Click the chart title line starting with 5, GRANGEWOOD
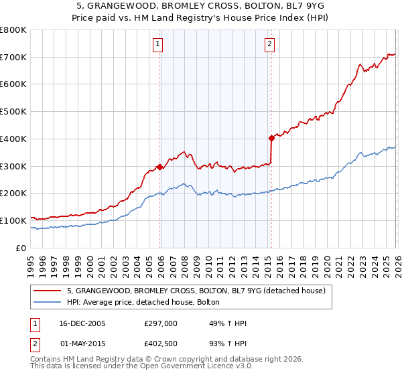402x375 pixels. pyautogui.click(x=200, y=6)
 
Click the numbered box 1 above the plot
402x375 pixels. pyautogui.click(x=157, y=45)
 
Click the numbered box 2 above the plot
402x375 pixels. pyautogui.click(x=269, y=45)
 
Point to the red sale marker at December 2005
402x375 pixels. pyautogui.click(x=160, y=167)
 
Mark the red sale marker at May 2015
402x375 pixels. pyautogui.click(x=271, y=138)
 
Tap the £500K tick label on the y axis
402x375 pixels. pyautogui.click(x=13, y=112)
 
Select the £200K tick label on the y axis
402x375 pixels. pyautogui.click(x=13, y=194)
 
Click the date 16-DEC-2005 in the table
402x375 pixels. pyautogui.click(x=82, y=323)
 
